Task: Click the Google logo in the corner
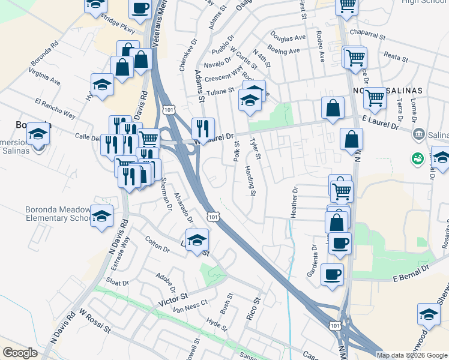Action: (20, 353)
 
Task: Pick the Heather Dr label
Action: (294, 204)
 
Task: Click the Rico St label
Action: (255, 308)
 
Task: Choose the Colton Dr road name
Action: (157, 244)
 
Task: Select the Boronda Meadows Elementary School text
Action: (57, 214)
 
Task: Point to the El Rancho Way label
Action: (55, 108)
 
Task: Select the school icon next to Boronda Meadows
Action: (102, 215)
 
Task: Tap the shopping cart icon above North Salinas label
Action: (375, 97)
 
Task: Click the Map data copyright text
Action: (412, 355)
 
